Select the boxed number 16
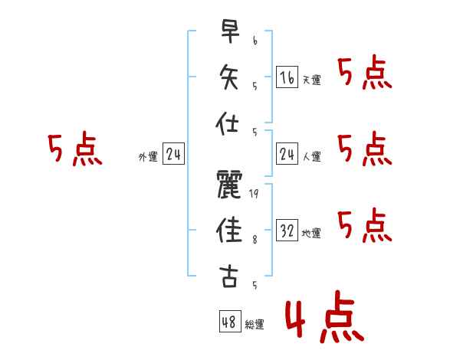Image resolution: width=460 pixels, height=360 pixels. point(287,77)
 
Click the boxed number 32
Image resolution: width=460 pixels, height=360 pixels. point(287,230)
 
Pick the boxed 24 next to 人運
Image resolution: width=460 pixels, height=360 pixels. point(287,155)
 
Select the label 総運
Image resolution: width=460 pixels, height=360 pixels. point(255,325)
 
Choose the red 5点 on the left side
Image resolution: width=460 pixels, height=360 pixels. point(74,150)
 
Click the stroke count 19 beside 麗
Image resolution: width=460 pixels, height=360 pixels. point(254,195)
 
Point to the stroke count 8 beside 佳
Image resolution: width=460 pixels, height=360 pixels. point(254,240)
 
